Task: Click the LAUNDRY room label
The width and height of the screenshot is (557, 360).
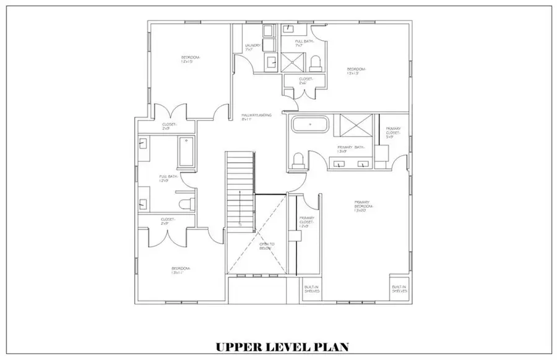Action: pos(252,46)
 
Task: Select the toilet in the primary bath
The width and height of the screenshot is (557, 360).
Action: pos(298,160)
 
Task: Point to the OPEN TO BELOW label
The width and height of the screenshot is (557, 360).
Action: pos(266,246)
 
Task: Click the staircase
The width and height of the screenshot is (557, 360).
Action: pos(240,192)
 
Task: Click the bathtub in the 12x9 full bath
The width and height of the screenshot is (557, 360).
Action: pos(187,152)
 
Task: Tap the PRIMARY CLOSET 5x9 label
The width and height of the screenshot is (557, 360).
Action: pos(394,132)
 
